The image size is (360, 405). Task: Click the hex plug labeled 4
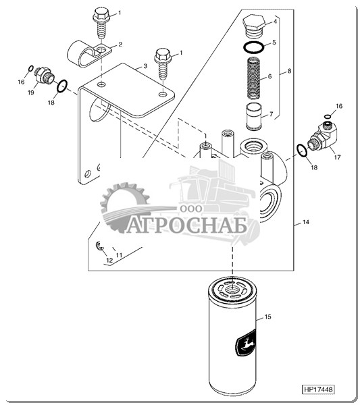(254, 26)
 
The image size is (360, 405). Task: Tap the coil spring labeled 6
(253, 78)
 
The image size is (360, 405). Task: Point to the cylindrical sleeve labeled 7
(253, 117)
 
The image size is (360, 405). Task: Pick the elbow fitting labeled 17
(324, 136)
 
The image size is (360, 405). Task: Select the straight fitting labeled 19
(44, 75)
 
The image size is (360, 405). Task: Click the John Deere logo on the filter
(245, 344)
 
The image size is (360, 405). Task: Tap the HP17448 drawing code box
(318, 389)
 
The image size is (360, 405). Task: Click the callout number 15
(267, 317)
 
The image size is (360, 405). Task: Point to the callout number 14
(305, 222)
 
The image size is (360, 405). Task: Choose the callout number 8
(289, 71)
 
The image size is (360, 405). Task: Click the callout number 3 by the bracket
(145, 66)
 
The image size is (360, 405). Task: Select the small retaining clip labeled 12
(99, 246)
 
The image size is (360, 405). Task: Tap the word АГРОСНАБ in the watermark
(186, 226)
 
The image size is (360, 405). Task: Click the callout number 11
(119, 255)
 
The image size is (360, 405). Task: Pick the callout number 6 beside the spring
(269, 76)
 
